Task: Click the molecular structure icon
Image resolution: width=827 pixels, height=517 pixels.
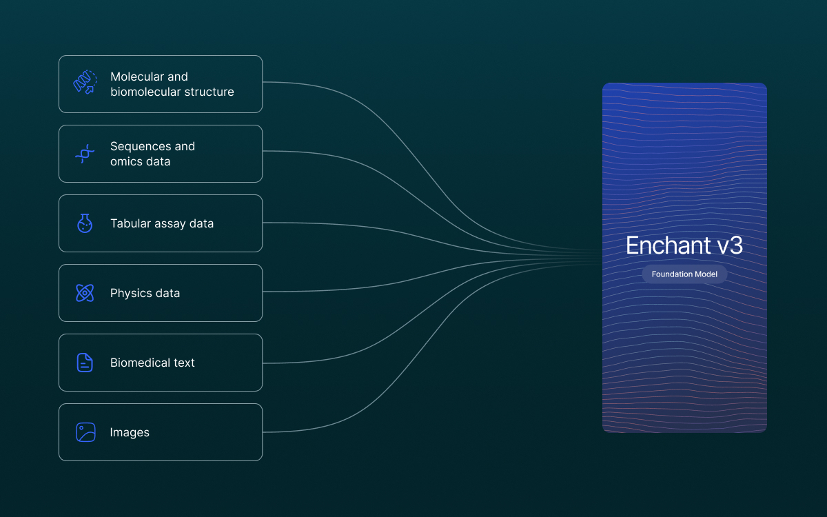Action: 85,82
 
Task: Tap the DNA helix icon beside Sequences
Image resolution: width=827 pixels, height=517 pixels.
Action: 85,154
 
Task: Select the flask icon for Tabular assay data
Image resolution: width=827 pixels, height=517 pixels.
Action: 85,223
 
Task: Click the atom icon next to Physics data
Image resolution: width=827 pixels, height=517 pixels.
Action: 85,293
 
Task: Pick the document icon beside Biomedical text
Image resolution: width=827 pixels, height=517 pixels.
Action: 85,363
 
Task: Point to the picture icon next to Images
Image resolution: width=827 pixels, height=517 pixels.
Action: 85,432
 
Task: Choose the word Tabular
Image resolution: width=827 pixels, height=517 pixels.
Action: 131,223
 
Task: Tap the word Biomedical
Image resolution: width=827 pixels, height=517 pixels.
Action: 141,363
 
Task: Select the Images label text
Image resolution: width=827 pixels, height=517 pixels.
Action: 130,432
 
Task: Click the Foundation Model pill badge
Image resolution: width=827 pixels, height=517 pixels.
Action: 684,274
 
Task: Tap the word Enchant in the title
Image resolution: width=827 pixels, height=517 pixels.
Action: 668,245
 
